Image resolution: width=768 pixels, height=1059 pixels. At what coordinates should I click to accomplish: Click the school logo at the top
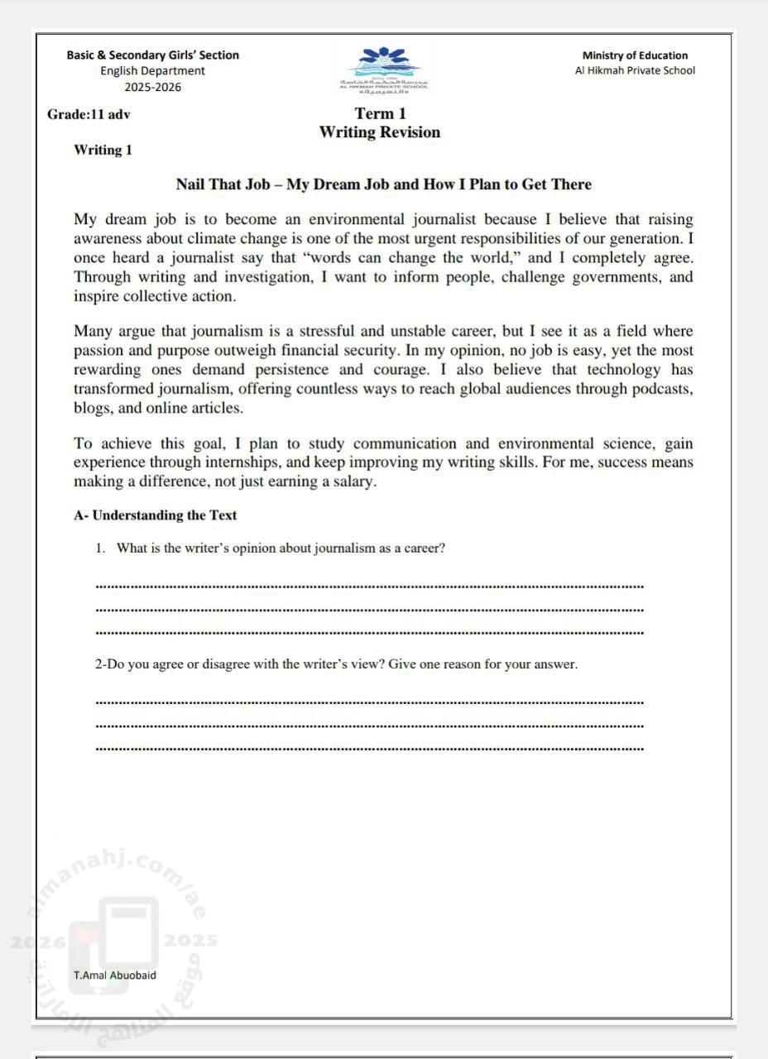[383, 68]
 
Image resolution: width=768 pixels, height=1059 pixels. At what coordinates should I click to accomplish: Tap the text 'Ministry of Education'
[635, 55]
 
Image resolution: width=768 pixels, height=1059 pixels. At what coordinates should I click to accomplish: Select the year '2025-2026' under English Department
[153, 87]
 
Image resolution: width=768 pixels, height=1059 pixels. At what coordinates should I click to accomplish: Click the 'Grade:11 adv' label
[89, 114]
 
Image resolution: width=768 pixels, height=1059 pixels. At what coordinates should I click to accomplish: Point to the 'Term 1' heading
[380, 113]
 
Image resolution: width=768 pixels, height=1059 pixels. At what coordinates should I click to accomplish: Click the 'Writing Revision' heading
[380, 132]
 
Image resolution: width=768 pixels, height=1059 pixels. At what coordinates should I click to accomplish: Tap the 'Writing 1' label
[103, 150]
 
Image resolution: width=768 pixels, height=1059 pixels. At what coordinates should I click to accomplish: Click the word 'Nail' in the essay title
[190, 184]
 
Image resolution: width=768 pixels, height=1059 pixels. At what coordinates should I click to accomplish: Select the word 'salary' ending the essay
[351, 482]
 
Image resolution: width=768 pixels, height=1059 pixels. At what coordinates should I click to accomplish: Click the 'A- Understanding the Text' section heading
[156, 515]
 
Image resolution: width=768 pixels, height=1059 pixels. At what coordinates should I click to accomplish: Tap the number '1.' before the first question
[100, 548]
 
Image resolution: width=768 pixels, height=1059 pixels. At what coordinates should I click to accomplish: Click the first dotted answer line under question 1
[369, 587]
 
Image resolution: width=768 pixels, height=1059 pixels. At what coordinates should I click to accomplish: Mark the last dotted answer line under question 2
[369, 749]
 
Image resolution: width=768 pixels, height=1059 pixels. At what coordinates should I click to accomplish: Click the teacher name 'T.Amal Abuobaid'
[114, 975]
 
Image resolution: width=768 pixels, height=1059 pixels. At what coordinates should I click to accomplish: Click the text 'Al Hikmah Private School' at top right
[635, 70]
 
